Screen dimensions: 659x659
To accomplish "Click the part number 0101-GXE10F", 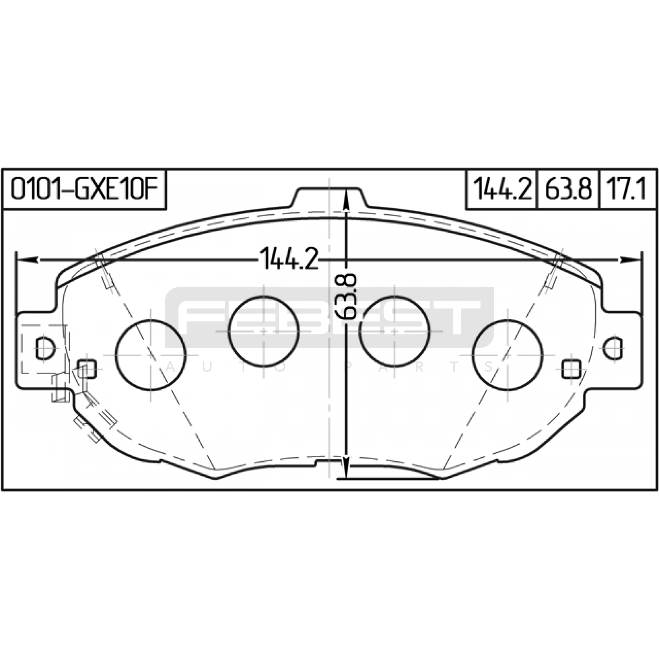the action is (x=84, y=189).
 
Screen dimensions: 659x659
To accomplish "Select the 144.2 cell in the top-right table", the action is (x=502, y=189).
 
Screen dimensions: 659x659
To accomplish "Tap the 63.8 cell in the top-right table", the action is (x=568, y=189).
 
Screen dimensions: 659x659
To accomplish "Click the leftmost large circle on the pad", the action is (x=151, y=355).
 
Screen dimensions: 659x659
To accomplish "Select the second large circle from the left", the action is (x=264, y=331).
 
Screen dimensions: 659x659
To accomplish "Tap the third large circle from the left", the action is (x=394, y=331).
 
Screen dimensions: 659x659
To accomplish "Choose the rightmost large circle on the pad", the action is (x=507, y=355).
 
